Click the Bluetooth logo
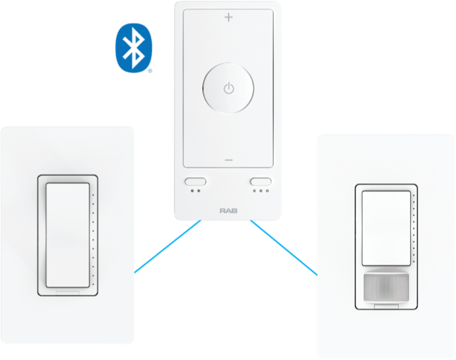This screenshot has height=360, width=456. click(133, 48)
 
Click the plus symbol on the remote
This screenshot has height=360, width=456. click(229, 17)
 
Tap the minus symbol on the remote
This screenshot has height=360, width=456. click(229, 160)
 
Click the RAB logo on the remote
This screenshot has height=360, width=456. click(228, 211)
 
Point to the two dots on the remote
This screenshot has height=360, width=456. click(195, 190)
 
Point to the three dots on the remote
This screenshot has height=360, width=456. click(261, 190)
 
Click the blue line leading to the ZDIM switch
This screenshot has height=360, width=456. click(284, 248)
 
